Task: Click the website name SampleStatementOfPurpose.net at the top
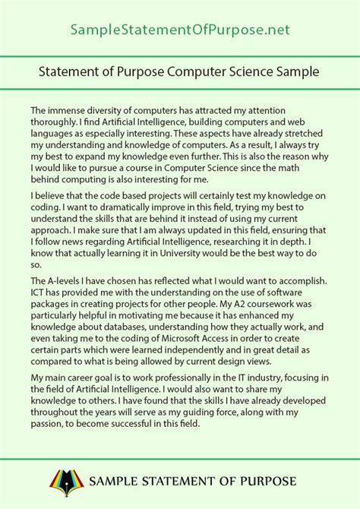[180, 30]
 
